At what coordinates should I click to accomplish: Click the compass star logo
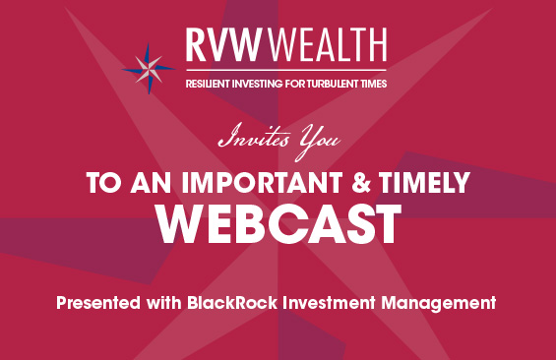(149, 69)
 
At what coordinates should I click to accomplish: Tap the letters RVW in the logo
(223, 45)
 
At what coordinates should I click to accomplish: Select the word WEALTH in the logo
(327, 45)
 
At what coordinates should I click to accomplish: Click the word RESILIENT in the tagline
(208, 84)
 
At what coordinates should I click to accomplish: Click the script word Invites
(254, 137)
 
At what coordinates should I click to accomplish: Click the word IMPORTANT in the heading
(262, 183)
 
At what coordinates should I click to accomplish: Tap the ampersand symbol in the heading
(361, 183)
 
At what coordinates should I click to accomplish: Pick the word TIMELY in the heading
(424, 183)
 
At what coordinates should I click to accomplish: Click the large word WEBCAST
(278, 224)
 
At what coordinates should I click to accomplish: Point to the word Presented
(98, 303)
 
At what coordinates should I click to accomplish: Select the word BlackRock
(232, 303)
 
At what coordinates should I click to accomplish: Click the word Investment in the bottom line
(329, 303)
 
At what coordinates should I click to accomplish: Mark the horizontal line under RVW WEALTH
(286, 70)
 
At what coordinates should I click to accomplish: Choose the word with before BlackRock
(163, 303)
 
